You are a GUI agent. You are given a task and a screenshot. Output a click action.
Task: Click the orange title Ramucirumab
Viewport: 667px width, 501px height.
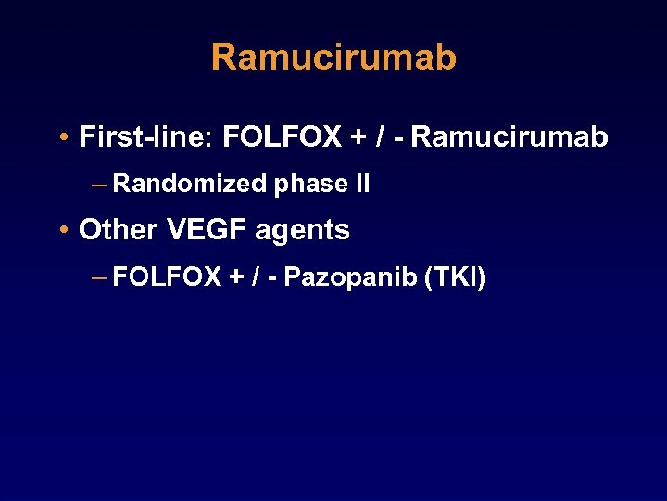333,58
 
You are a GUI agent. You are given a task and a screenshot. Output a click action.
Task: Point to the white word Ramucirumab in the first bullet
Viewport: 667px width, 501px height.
510,137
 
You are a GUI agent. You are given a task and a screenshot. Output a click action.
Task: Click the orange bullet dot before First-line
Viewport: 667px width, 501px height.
60,138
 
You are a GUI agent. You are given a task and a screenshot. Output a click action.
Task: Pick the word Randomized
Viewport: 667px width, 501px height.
190,184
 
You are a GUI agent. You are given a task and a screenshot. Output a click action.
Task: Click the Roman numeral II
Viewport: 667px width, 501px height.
362,184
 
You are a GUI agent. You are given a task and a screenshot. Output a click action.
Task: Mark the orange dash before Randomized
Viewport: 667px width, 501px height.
99,185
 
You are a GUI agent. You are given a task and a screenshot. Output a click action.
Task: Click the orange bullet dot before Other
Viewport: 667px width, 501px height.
60,230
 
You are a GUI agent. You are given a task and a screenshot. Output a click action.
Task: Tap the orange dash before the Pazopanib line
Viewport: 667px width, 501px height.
99,277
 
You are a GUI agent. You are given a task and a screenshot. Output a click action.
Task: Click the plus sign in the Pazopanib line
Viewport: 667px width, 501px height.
236,277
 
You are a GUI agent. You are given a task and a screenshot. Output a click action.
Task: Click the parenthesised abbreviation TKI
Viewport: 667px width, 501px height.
454,276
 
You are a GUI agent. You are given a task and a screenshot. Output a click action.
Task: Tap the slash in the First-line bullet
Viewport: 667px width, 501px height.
381,137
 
